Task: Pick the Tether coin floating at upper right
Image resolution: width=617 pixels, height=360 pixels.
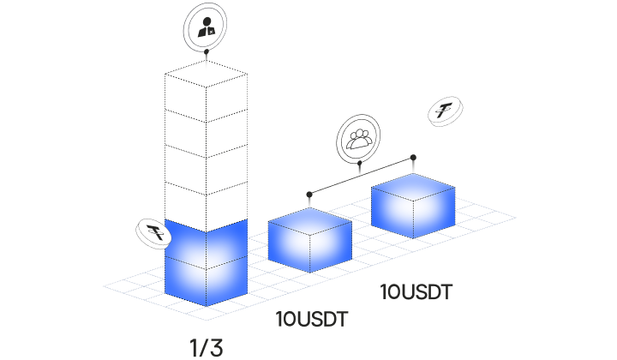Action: click(x=446, y=113)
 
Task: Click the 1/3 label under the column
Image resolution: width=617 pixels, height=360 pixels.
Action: click(x=206, y=348)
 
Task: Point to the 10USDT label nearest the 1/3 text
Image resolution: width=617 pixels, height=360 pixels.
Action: click(x=311, y=321)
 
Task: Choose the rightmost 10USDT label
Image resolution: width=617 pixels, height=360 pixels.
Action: click(x=416, y=292)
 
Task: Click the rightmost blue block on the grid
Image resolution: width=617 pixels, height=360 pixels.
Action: click(x=412, y=208)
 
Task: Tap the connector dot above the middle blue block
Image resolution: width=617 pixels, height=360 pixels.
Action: click(x=309, y=194)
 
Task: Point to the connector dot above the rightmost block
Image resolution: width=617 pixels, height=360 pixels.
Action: click(x=413, y=157)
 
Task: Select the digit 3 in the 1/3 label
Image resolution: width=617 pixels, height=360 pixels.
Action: click(x=216, y=348)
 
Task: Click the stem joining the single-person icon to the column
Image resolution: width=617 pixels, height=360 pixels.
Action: click(x=206, y=56)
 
